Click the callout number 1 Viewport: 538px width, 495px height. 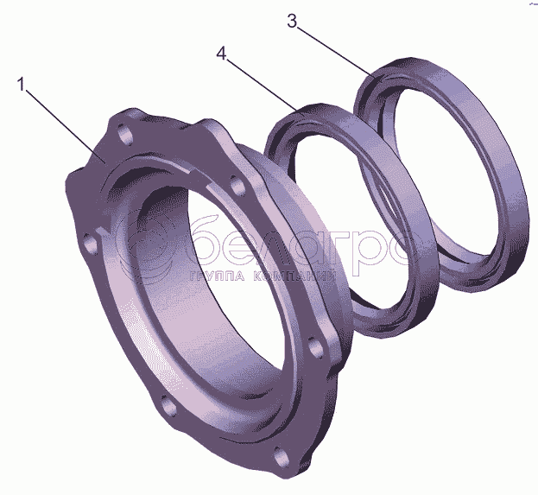22,85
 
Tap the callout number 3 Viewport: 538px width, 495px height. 292,22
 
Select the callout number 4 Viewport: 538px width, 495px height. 222,54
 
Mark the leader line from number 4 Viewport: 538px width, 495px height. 262,86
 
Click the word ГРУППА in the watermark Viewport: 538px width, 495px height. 217,276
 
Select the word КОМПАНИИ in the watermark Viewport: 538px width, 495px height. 294,276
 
